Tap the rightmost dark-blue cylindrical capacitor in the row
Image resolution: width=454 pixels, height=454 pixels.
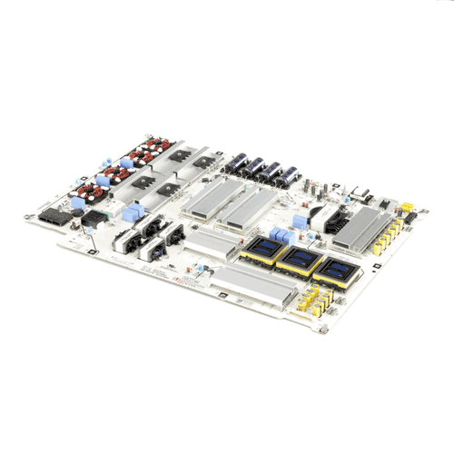coord(290,175)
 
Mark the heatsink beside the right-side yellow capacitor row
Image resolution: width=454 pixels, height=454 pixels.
coord(361,227)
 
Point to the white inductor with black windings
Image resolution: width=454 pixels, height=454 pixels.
coord(322,217)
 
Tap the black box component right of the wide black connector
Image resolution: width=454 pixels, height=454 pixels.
coord(94,219)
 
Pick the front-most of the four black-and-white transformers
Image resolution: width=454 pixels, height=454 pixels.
coord(126,244)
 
